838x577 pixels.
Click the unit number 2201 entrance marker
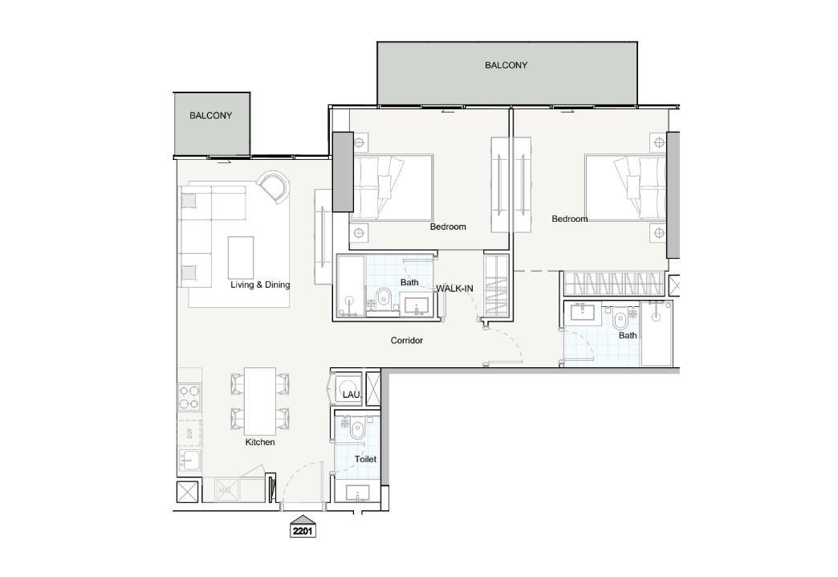click(x=303, y=526)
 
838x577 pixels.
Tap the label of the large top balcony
click(x=506, y=65)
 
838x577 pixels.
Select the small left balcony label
click(x=210, y=116)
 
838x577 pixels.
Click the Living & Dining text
click(x=260, y=284)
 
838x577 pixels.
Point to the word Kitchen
click(x=260, y=442)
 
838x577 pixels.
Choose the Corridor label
click(x=407, y=341)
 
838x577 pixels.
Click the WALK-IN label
click(x=455, y=288)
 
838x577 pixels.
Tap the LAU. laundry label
click(x=352, y=395)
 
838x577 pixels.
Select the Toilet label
click(x=365, y=459)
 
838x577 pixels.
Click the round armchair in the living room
click(x=274, y=186)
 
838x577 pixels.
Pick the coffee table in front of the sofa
click(x=241, y=257)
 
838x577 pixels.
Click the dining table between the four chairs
click(x=260, y=401)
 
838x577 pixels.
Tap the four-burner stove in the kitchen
click(x=189, y=397)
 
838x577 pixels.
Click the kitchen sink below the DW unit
click(x=189, y=460)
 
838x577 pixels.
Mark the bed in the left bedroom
click(x=392, y=188)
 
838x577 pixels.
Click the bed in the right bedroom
click(x=626, y=188)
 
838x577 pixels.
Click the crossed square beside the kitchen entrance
click(x=188, y=492)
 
